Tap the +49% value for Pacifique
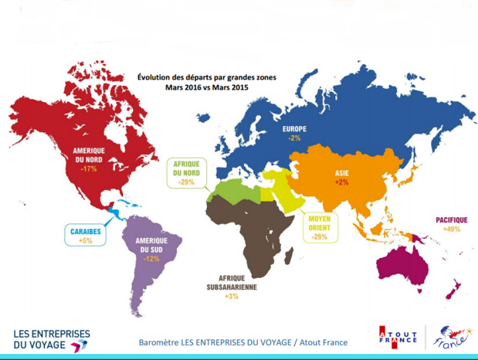pos(452,229)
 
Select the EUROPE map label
pos(294,128)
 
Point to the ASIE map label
pos(341,172)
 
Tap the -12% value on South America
pos(151,259)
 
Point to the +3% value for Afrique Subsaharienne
pos(232,296)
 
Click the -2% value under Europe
pos(294,138)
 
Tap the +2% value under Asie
pos(341,182)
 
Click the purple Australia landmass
pos(407,262)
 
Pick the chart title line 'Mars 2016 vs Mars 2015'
pos(206,87)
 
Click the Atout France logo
pos(398,338)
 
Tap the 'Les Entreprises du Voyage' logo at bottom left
pos(51,340)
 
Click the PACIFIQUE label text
pos(452,220)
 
